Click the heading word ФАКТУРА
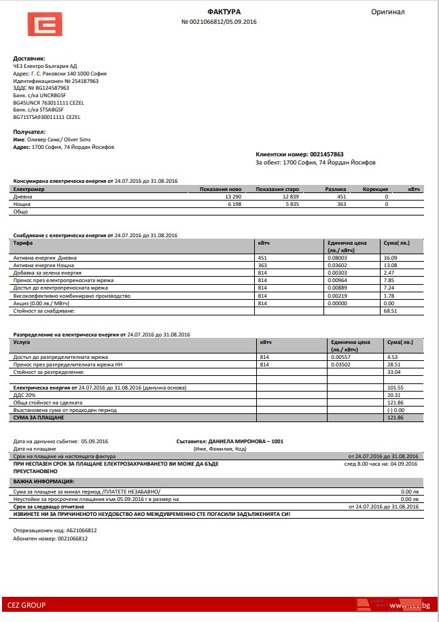(x=224, y=12)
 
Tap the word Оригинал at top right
(x=388, y=12)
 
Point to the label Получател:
(x=29, y=131)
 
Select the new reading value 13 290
(x=232, y=196)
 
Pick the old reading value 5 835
(x=292, y=203)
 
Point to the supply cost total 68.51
(x=391, y=311)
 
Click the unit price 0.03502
(x=340, y=364)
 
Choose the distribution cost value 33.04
(x=393, y=372)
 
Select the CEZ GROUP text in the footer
(x=27, y=604)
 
